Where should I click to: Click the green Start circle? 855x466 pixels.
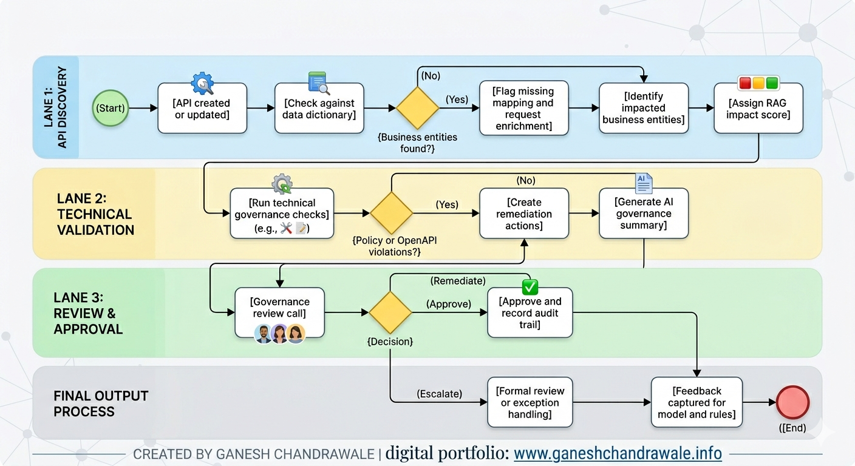111,109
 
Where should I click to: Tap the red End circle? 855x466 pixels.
792,402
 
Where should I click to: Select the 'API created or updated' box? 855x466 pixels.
202,109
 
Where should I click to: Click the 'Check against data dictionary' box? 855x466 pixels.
319,109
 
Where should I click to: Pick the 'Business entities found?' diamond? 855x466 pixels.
418,109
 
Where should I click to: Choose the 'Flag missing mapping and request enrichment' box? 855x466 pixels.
523,109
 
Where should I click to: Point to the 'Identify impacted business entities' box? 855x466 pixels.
644,109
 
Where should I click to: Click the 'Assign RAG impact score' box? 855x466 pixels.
758,109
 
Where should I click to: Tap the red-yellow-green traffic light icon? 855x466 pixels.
758,83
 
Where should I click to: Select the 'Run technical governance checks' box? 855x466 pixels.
282,214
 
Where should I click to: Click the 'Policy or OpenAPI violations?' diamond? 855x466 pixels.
392,214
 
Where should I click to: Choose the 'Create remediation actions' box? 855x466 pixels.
523,214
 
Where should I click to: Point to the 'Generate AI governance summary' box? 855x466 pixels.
644,214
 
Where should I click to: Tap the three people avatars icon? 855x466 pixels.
279,333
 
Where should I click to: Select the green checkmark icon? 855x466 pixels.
530,287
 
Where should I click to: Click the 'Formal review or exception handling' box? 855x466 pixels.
530,402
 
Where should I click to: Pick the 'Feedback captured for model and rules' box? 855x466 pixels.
697,402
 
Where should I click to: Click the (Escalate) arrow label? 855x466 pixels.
439,394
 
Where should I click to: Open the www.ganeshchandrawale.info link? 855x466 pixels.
618,453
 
